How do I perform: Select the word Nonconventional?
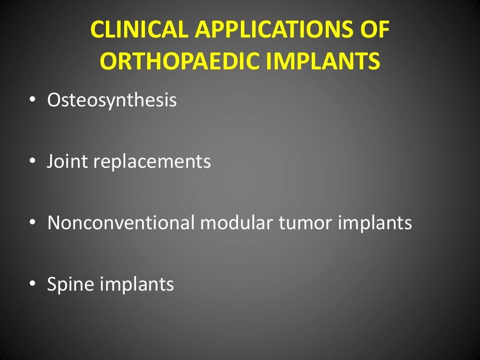[x=120, y=223]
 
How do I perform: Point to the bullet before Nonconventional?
[x=31, y=223]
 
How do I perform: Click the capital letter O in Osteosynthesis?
[x=54, y=100]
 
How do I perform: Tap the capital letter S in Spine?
[x=52, y=284]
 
